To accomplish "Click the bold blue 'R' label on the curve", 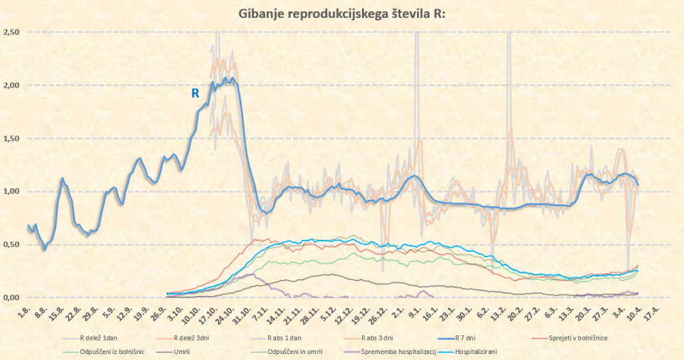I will point(195,94).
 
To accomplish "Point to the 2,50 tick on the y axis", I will point(11,33).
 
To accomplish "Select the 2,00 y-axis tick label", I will point(11,85).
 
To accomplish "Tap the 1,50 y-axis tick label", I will point(11,138).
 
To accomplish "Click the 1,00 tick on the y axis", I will point(11,192).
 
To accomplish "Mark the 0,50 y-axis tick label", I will point(11,244).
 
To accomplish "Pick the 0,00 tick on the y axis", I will point(11,297).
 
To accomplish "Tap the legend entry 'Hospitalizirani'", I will point(473,351).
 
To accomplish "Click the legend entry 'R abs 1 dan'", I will point(288,337).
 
